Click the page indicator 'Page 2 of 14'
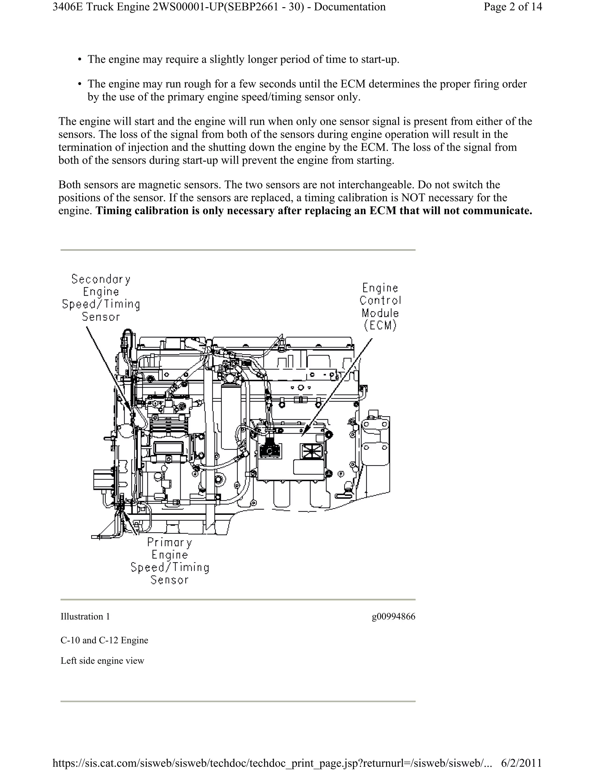click(x=512, y=7)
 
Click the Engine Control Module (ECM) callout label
click(x=380, y=307)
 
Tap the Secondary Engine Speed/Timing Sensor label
click(x=101, y=298)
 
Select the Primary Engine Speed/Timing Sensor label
click(x=170, y=561)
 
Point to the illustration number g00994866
click(x=393, y=617)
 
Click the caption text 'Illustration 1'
click(x=85, y=617)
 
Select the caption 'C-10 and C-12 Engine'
click(x=104, y=640)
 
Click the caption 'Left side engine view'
click(x=102, y=661)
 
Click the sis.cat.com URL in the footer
click(x=271, y=763)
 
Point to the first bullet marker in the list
click(x=80, y=60)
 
